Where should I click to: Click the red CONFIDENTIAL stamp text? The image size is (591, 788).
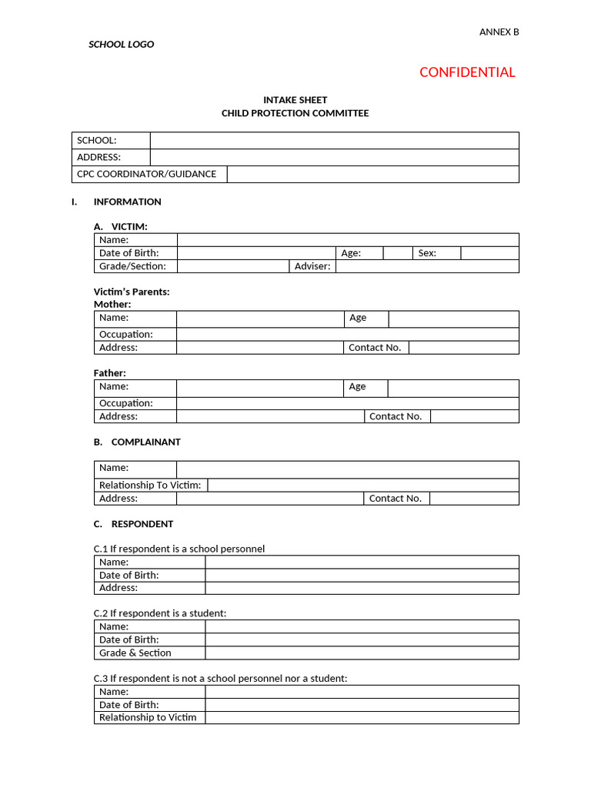click(x=467, y=72)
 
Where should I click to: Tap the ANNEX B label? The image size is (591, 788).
click(x=499, y=32)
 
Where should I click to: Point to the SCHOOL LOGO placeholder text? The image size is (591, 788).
click(x=122, y=45)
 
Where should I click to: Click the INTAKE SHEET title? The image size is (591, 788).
click(x=295, y=100)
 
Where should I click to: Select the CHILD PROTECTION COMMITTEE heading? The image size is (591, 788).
click(x=295, y=113)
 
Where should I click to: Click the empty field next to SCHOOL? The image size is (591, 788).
click(x=334, y=140)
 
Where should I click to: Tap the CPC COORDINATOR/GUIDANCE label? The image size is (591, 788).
click(x=146, y=174)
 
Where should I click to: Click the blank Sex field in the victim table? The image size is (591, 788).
click(x=489, y=253)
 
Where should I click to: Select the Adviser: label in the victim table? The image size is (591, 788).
click(x=312, y=266)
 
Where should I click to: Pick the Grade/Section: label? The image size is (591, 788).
click(x=132, y=266)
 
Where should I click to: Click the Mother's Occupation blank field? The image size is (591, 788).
click(x=347, y=335)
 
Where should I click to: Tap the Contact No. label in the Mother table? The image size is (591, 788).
click(x=375, y=348)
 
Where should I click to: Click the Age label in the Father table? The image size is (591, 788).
click(x=357, y=387)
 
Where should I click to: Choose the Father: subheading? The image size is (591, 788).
click(x=110, y=373)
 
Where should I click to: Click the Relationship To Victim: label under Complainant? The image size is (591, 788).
click(x=150, y=486)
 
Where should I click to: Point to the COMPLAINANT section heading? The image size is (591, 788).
click(x=145, y=442)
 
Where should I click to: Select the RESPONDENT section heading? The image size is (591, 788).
click(x=142, y=524)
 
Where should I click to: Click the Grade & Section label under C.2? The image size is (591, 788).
click(x=135, y=653)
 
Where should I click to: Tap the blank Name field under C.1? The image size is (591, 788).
click(x=362, y=563)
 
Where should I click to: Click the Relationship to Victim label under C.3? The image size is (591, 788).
click(x=148, y=718)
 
